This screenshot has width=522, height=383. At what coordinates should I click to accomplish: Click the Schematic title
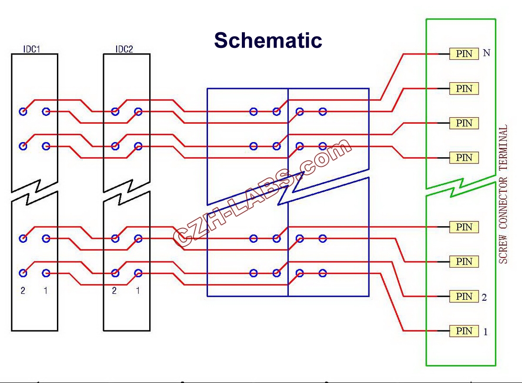coord(268,40)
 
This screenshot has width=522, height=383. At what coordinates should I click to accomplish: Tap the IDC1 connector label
coord(32,49)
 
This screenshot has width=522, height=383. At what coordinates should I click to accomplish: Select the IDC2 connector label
coord(124,49)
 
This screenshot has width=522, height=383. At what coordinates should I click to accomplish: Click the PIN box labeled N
coord(464,54)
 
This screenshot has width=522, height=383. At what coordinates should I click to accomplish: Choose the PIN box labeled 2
coord(464,297)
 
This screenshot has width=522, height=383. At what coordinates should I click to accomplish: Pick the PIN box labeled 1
coord(464,331)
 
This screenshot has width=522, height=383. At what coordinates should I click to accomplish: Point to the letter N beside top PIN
coord(487,53)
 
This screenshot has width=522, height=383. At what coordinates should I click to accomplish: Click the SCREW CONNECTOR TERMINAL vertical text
coord(503,194)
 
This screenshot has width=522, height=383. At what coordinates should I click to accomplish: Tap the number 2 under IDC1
coord(23,290)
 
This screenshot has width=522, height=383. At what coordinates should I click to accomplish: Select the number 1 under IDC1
coord(46,290)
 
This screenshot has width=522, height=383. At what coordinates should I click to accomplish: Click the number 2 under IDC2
coord(114,290)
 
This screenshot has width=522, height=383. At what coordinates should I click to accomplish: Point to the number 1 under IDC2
coord(138,290)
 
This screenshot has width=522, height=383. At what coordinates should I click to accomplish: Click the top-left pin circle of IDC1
coord(23,112)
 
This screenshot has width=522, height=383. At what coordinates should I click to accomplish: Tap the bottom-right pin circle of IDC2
coord(138,273)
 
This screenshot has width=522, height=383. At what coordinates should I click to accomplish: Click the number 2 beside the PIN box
coord(484,298)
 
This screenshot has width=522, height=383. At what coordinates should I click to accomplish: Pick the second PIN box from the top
coord(464,89)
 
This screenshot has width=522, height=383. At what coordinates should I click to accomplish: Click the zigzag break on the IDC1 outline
coord(34,191)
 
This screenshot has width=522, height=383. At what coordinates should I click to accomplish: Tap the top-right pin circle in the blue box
coord(322,112)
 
